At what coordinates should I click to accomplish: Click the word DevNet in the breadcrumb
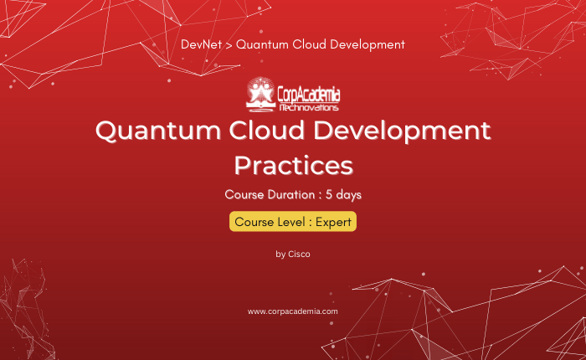pyautogui.click(x=201, y=44)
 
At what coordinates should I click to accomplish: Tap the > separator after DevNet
pyautogui.click(x=229, y=45)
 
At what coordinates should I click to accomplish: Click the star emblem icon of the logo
pyautogui.click(x=260, y=94)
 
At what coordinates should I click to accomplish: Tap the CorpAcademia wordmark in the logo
pyautogui.click(x=309, y=95)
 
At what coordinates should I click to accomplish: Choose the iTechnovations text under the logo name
pyautogui.click(x=309, y=108)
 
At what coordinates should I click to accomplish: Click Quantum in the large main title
pyautogui.click(x=158, y=131)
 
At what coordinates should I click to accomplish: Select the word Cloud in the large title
pyautogui.click(x=267, y=130)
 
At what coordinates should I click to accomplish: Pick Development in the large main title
pyautogui.click(x=402, y=131)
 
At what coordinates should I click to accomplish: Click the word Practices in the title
pyautogui.click(x=293, y=165)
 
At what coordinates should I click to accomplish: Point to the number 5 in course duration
pyautogui.click(x=329, y=194)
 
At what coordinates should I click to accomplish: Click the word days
pyautogui.click(x=349, y=195)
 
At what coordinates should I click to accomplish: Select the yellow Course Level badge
pyautogui.click(x=293, y=222)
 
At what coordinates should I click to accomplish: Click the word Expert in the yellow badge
pyautogui.click(x=333, y=222)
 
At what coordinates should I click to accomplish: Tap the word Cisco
pyautogui.click(x=299, y=255)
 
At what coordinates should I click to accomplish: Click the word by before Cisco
pyautogui.click(x=280, y=255)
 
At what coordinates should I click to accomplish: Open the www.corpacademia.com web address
pyautogui.click(x=293, y=311)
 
